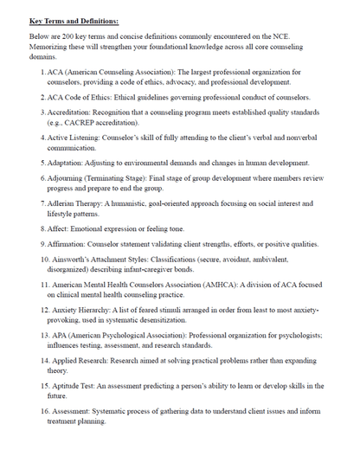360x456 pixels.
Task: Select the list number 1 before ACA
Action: [x=42, y=72]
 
